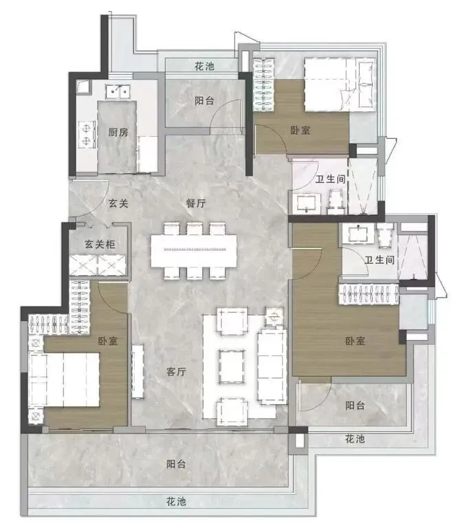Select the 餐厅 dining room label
[x=196, y=203]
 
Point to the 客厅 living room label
[x=178, y=372]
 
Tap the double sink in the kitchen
[x=122, y=91]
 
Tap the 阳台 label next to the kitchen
[x=204, y=101]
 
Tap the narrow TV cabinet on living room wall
[x=138, y=371]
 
